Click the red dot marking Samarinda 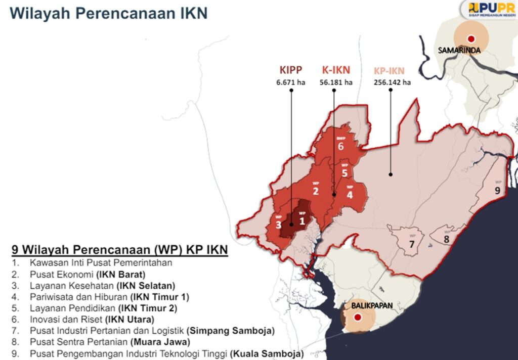coord(471,38)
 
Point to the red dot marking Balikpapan coord(358,318)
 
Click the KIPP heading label coord(291,70)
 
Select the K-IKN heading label coord(336,70)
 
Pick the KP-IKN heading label coord(389,71)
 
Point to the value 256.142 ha coord(392,82)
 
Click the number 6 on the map coord(341,147)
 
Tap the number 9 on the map coord(497,191)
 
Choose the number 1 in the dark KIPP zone coord(302,220)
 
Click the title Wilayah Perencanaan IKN coord(109,14)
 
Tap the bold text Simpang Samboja coord(230,331)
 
